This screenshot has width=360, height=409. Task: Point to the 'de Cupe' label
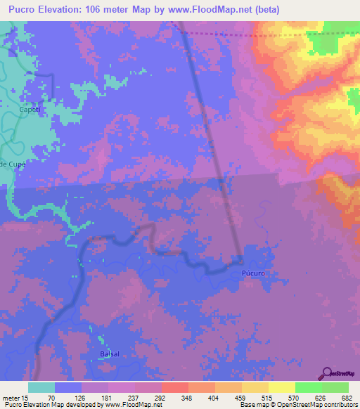pos(13,164)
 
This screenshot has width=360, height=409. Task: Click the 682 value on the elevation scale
pos(346,397)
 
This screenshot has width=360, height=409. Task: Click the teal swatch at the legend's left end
pos(41,387)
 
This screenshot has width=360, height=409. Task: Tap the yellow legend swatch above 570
pos(281,387)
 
